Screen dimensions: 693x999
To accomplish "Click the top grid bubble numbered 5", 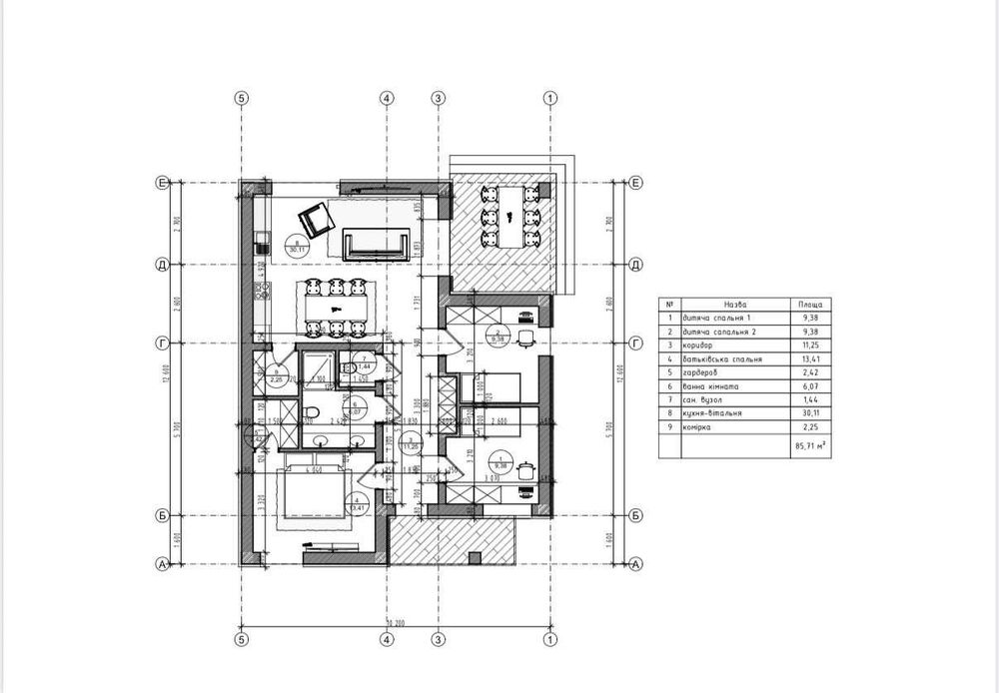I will (240, 98).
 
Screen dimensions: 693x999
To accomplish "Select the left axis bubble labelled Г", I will (161, 343).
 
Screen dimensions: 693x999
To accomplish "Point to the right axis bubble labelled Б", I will (635, 516).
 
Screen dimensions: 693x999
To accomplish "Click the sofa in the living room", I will (377, 243).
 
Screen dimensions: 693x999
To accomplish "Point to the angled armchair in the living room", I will (317, 217).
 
